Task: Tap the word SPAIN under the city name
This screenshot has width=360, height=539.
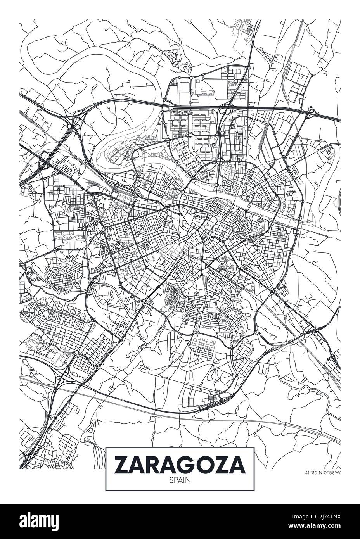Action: pyautogui.click(x=180, y=480)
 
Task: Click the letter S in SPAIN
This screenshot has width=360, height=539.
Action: pyautogui.click(x=171, y=480)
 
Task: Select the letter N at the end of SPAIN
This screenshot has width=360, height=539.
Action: pyautogui.click(x=189, y=480)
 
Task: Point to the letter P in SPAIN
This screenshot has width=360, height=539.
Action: pyautogui.click(x=175, y=480)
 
